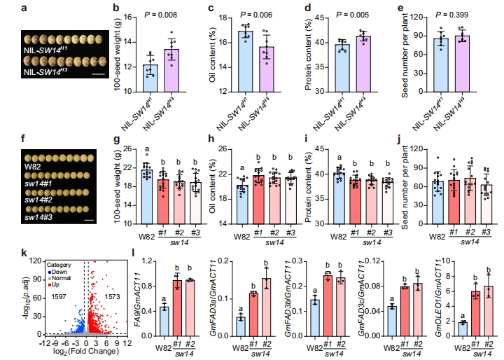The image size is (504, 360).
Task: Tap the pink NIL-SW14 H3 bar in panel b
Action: click(x=176, y=70)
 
